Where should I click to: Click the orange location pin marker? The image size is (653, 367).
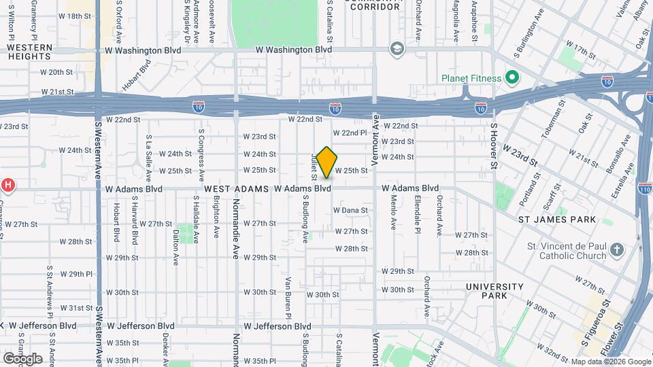[x=327, y=162]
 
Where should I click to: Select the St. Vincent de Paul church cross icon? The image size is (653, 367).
[x=616, y=249]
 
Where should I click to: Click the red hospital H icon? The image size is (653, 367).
[x=7, y=184]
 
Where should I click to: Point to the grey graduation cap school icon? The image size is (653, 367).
[x=396, y=49]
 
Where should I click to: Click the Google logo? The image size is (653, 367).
[x=22, y=358]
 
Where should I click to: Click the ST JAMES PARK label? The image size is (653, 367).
[x=557, y=220]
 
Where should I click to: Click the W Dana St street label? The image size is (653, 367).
[x=350, y=211]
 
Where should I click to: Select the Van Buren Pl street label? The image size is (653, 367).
[x=288, y=297]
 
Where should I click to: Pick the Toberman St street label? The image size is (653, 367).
[x=556, y=122]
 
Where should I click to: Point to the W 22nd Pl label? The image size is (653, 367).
[x=350, y=133]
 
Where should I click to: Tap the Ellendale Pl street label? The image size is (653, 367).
[x=416, y=215]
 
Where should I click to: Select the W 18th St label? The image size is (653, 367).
[x=75, y=15]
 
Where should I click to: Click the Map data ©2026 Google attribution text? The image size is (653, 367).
[x=609, y=362]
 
